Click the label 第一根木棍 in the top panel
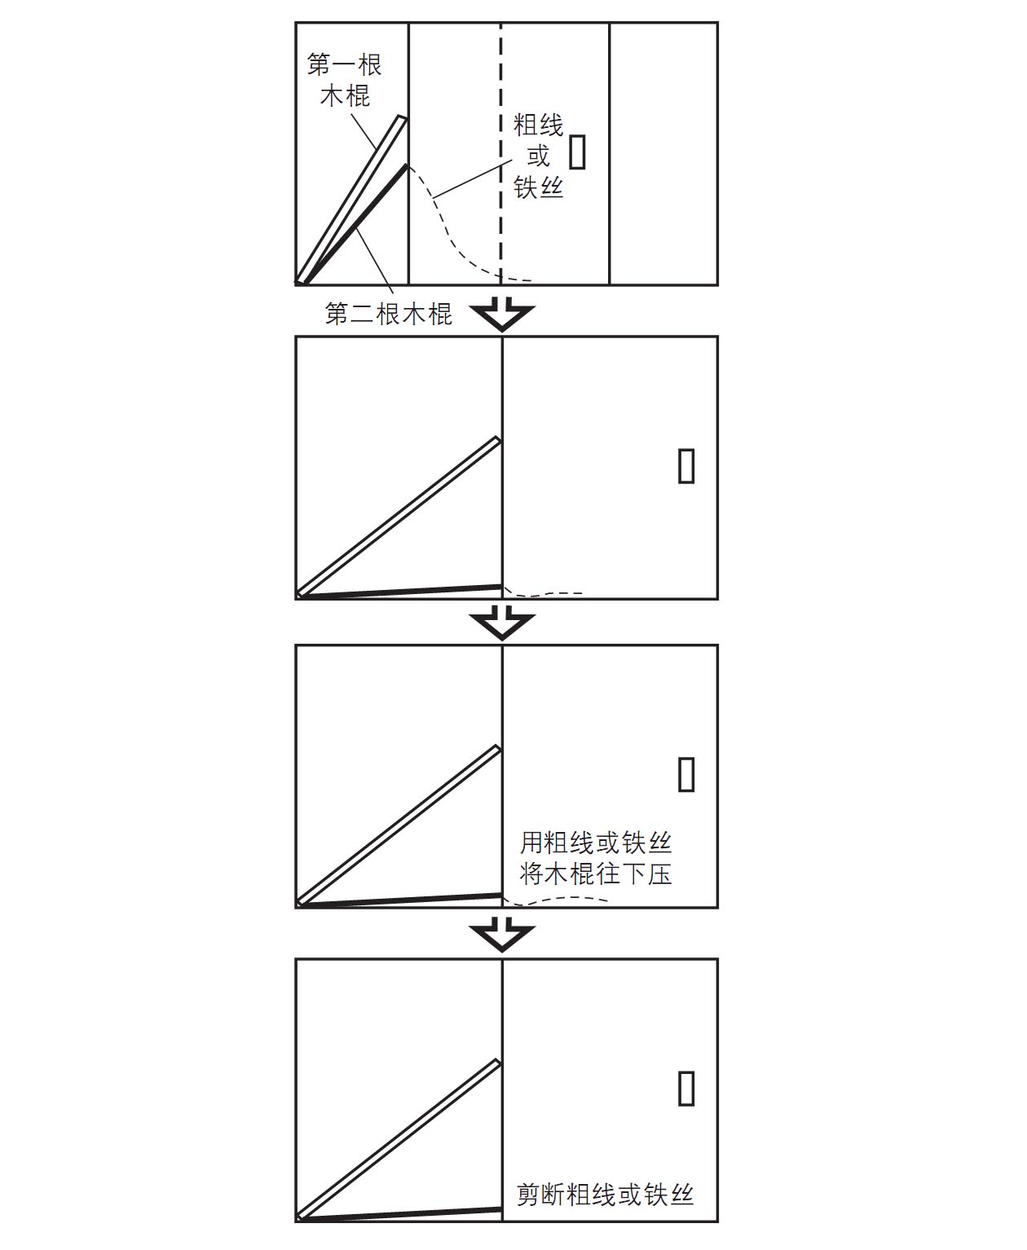tap(345, 80)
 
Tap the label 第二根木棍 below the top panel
tap(389, 314)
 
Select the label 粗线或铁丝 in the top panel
tap(539, 156)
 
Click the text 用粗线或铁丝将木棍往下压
tap(596, 858)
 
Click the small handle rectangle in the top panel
tap(577, 152)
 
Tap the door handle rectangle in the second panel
tap(686, 466)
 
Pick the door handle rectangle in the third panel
tap(686, 774)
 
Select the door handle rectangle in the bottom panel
tap(686, 1088)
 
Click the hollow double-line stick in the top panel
tap(351, 200)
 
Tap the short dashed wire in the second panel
tap(543, 593)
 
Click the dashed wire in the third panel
tap(554, 900)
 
